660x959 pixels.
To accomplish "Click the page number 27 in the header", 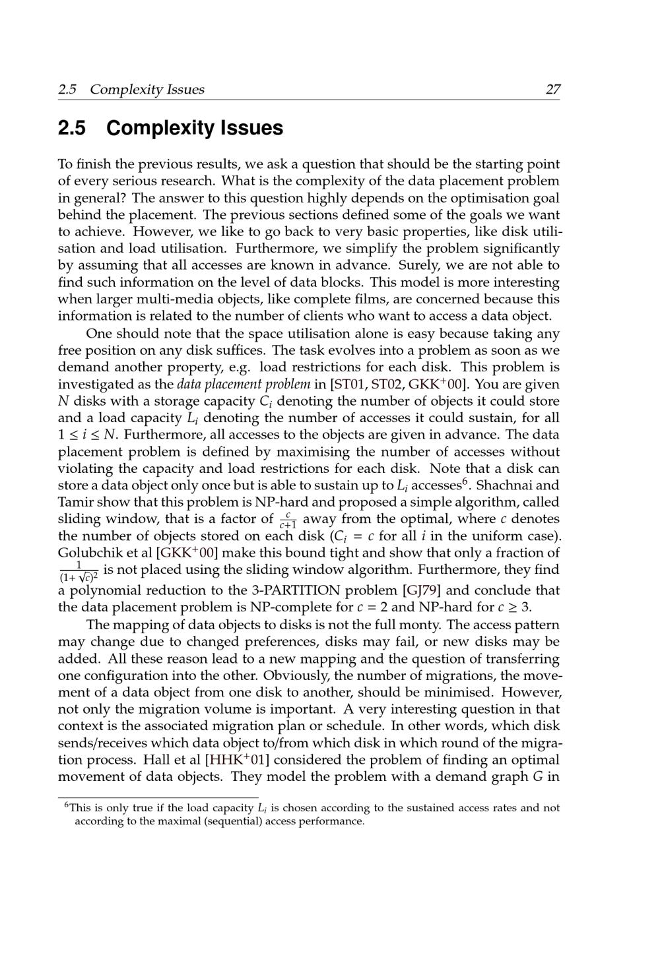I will (552, 89).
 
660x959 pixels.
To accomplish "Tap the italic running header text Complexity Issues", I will (147, 89).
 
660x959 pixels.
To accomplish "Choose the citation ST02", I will (387, 384).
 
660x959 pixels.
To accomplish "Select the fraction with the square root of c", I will (79, 571).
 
